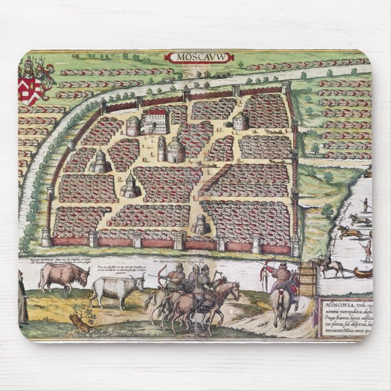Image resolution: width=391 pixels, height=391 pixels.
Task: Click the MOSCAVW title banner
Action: pyautogui.click(x=195, y=57)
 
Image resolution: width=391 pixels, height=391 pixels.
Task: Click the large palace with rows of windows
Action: pyautogui.click(x=155, y=121)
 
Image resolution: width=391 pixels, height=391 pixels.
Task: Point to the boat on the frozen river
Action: pyautogui.click(x=362, y=273)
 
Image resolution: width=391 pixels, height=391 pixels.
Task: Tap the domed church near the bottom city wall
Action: pyautogui.click(x=200, y=225)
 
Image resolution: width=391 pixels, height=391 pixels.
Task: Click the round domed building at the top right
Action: pyautogui.click(x=241, y=121)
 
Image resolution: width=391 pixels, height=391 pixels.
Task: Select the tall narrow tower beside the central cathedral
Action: pyautogui.click(x=161, y=149)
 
